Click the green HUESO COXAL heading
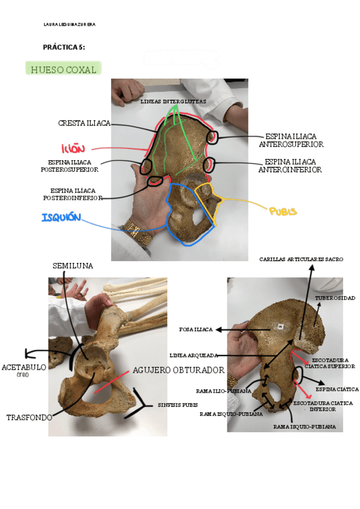tap(63, 70)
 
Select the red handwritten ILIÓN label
tap(74, 148)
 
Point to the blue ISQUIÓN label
tap(61, 217)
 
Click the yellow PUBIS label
tap(283, 211)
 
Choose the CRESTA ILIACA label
tap(84, 123)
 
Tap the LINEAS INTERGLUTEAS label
tap(173, 102)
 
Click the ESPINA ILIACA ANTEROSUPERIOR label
tap(291, 140)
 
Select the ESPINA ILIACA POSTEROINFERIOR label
tap(73, 194)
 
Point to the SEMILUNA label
tap(73, 265)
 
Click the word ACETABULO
tap(23, 367)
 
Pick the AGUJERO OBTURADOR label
tap(178, 370)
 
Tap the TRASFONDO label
tap(29, 417)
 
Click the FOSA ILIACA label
tap(196, 329)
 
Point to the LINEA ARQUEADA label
tap(193, 355)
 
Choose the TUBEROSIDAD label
tap(335, 298)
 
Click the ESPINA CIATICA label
tap(334, 389)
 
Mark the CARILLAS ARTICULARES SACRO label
tap(301, 259)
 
